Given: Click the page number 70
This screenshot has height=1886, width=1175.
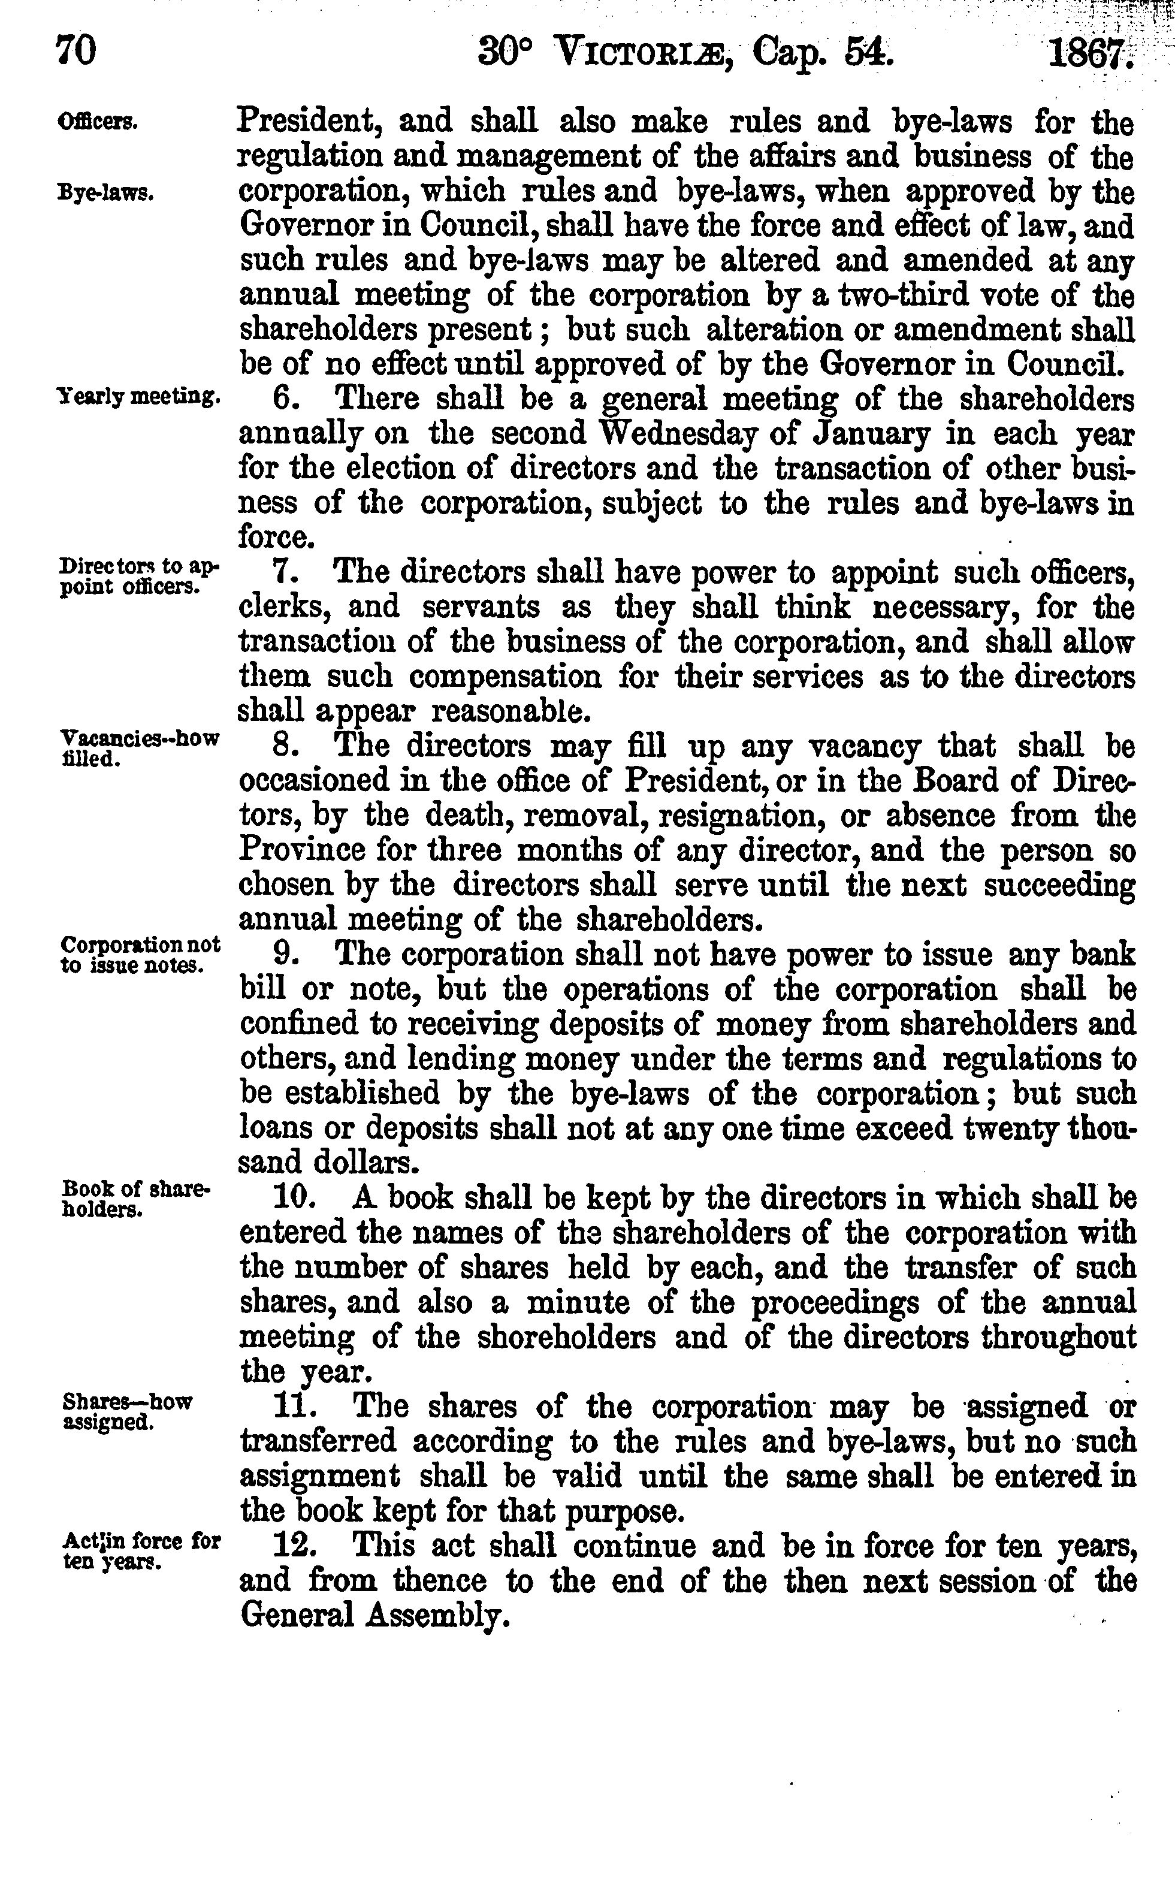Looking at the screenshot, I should (76, 52).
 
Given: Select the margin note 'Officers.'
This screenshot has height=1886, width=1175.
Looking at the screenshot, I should (99, 122).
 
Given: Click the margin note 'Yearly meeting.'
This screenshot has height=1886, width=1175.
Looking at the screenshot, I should (139, 398).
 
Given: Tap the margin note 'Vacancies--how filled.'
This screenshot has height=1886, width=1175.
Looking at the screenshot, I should (138, 747).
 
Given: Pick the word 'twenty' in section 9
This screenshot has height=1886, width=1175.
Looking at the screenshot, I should (1012, 1128).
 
